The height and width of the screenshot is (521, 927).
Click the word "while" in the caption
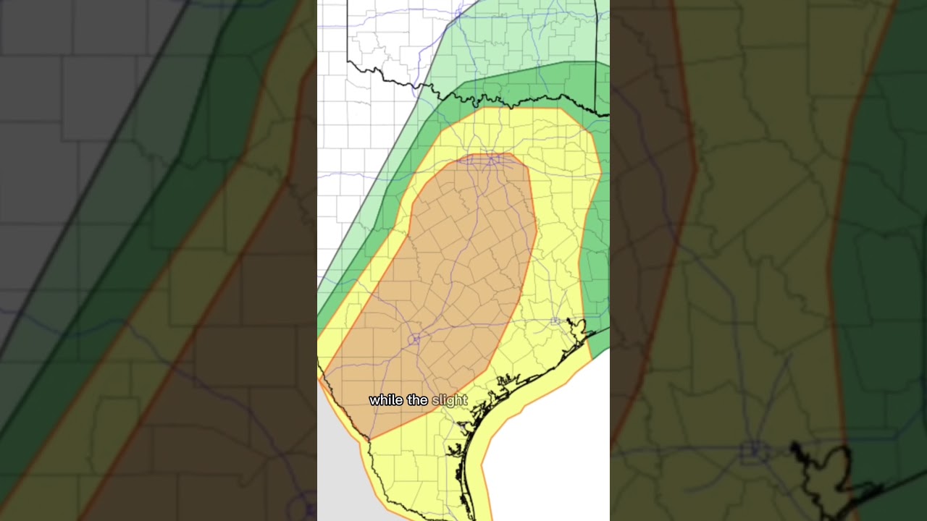pyautogui.click(x=385, y=400)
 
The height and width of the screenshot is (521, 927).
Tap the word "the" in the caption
pyautogui.click(x=417, y=400)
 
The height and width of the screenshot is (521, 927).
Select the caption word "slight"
pyautogui.click(x=450, y=400)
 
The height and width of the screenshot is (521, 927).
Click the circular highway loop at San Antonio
pyautogui.click(x=414, y=339)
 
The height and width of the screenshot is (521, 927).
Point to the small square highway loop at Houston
pyautogui.click(x=555, y=321)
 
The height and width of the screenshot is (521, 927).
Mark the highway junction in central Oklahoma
pyautogui.click(x=458, y=13)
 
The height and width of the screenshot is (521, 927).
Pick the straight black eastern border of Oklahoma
pyautogui.click(x=595, y=51)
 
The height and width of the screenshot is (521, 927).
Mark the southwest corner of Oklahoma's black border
pyautogui.click(x=348, y=61)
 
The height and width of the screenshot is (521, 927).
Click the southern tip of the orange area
pyautogui.click(x=369, y=439)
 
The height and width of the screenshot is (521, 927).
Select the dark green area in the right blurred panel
pyautogui.click(x=891, y=217)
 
